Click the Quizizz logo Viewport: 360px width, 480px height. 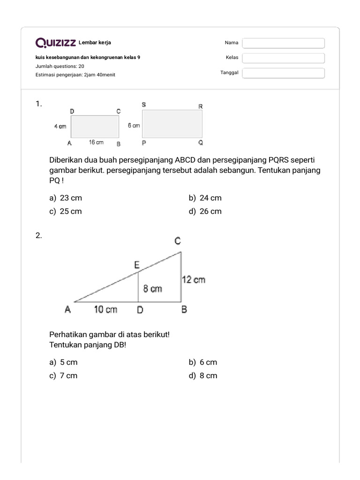pyautogui.click(x=56, y=43)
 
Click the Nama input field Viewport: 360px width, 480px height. pyautogui.click(x=283, y=43)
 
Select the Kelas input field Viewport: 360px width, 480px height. pyautogui.click(x=283, y=58)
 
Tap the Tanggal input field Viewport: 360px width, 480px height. pyautogui.click(x=283, y=73)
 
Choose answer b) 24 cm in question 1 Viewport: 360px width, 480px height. pyautogui.click(x=205, y=198)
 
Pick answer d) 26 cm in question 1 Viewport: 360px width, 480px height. pyautogui.click(x=205, y=211)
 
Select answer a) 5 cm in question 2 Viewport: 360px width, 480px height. pyautogui.click(x=63, y=362)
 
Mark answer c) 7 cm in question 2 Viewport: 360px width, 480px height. pyautogui.click(x=63, y=376)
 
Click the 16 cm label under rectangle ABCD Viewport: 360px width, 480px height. pyautogui.click(x=96, y=142)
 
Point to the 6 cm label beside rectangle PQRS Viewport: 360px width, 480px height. pyautogui.click(x=134, y=126)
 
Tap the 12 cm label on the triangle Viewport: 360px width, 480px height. pyautogui.click(x=194, y=280)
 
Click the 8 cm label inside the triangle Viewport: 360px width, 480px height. pyautogui.click(x=153, y=289)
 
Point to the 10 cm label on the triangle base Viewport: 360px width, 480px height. pyautogui.click(x=105, y=309)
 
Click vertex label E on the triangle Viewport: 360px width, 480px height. pyautogui.click(x=137, y=265)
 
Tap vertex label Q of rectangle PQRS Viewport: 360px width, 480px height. pyautogui.click(x=201, y=143)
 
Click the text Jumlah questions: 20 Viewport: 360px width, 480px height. pyautogui.click(x=60, y=66)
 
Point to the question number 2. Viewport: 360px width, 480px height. pyautogui.click(x=39, y=236)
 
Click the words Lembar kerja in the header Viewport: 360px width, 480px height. pyautogui.click(x=95, y=43)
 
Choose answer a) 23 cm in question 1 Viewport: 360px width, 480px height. pyautogui.click(x=66, y=198)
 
